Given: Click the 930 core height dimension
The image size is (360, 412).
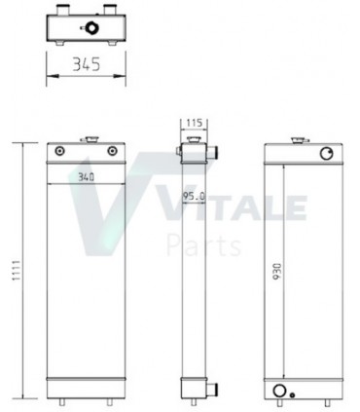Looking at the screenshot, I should pyautogui.click(x=277, y=267).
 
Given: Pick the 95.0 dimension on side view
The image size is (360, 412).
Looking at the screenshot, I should pyautogui.click(x=193, y=198).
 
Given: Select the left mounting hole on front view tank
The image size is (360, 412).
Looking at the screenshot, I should pyautogui.click(x=62, y=151).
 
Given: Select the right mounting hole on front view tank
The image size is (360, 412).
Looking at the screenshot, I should pyautogui.click(x=113, y=151).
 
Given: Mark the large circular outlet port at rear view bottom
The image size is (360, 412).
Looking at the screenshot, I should pyautogui.click(x=281, y=392).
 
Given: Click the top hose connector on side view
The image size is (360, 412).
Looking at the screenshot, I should pyautogui.click(x=211, y=152).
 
